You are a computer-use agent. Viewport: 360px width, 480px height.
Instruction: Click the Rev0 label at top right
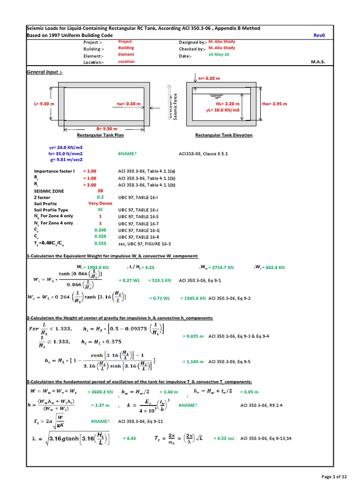[319, 35]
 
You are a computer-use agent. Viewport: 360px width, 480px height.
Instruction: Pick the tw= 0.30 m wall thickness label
[129, 104]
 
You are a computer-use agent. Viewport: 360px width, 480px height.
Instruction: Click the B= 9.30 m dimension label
[107, 128]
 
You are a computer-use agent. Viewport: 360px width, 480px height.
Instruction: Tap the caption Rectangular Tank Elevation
[224, 135]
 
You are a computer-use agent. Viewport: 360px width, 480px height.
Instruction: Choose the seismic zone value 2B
[100, 191]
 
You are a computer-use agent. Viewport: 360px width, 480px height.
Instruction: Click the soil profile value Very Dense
[100, 203]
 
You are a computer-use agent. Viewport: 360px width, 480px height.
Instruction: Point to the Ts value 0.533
[100, 243]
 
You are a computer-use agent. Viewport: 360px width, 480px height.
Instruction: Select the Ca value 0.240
[100, 230]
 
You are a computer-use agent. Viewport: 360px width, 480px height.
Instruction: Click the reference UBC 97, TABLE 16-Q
[139, 230]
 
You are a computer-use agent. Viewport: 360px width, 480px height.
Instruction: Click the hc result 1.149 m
[193, 362]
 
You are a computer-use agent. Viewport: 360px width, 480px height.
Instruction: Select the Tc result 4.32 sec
[224, 438]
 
